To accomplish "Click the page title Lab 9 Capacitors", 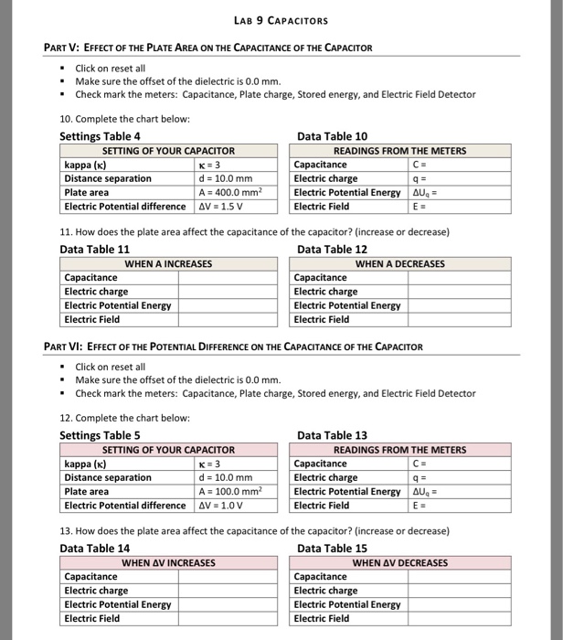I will [281, 20].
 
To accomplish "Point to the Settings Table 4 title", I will [100, 136].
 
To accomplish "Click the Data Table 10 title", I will [332, 136].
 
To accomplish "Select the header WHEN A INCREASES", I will [168, 263].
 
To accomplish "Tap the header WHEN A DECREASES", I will [399, 263].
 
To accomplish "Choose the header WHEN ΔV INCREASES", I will [168, 562].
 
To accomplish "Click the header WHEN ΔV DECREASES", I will [399, 562].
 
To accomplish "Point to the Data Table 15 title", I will [332, 548].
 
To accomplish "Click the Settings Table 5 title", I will [100, 435].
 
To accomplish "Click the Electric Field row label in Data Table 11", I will [91, 319].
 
